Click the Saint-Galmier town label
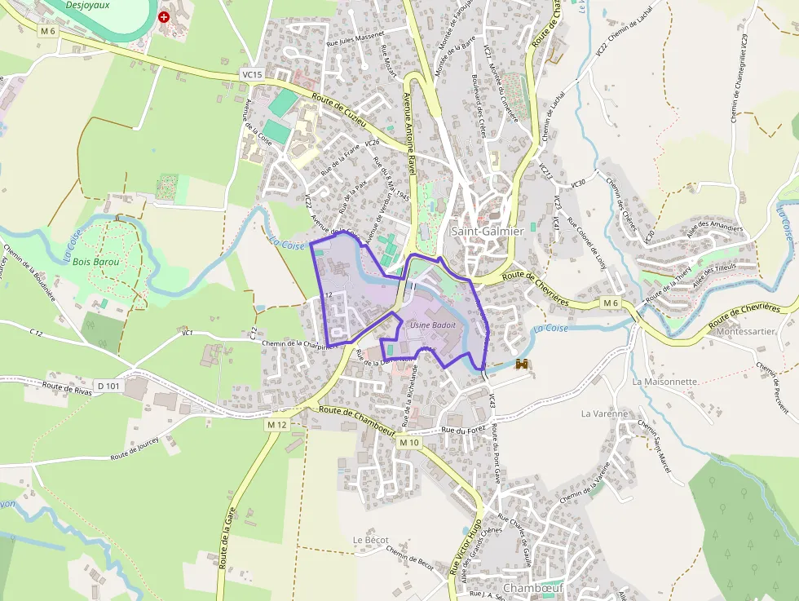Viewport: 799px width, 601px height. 487,232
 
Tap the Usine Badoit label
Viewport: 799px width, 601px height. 432,325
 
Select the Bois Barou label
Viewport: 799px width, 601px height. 96,263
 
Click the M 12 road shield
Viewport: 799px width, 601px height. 277,425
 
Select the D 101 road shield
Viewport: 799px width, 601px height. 108,386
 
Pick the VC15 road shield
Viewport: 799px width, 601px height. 253,75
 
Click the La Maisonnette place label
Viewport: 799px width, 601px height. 665,382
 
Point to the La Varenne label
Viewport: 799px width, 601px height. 604,413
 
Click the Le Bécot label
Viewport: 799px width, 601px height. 370,541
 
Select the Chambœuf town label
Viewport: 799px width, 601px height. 534,588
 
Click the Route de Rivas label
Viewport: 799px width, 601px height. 66,388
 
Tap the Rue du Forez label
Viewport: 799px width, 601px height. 463,429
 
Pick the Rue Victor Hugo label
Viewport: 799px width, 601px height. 466,546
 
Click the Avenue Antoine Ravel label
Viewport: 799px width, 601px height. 409,133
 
